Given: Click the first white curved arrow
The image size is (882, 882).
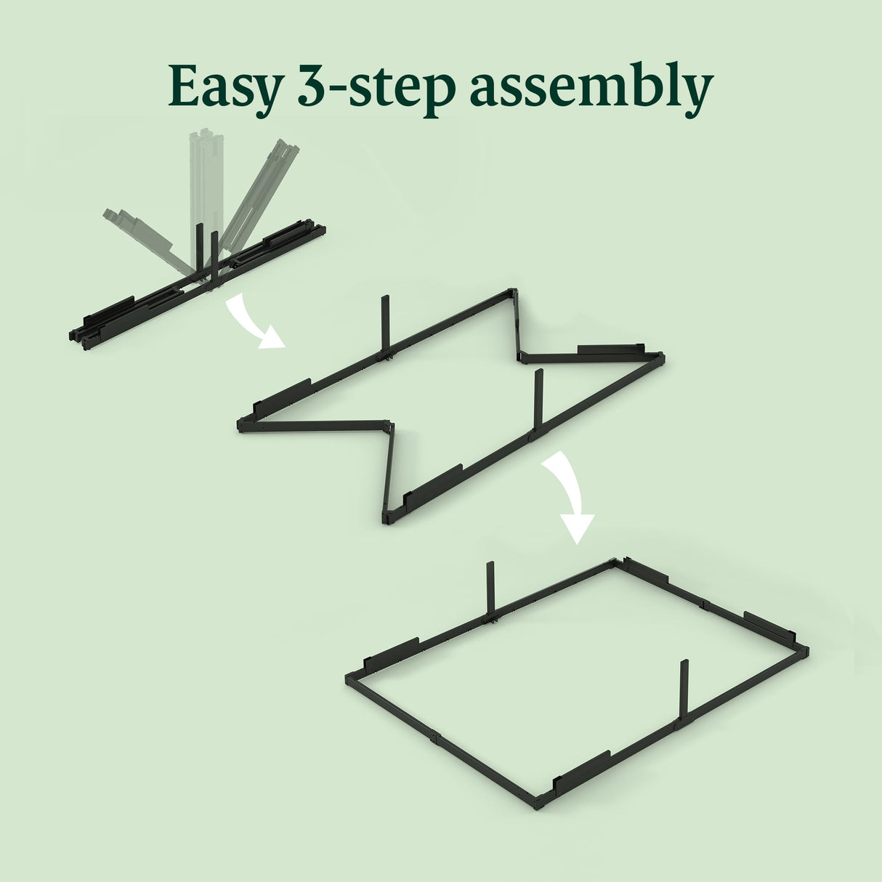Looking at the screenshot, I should [251, 323].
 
